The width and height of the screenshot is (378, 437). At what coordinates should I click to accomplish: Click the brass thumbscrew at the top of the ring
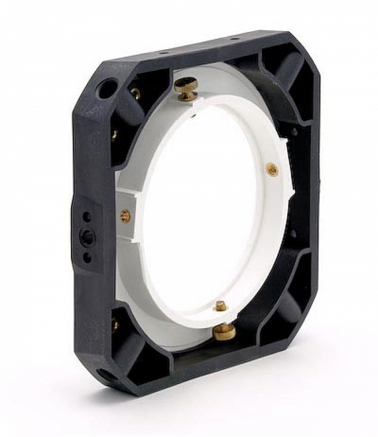point(186,87)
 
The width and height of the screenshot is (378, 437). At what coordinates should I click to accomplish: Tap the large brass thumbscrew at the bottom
point(224,330)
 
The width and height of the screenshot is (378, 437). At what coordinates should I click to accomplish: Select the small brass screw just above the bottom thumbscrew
point(220,306)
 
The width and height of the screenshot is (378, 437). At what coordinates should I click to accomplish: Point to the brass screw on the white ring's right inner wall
point(271,169)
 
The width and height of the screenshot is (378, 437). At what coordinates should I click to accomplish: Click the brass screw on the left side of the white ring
point(125,216)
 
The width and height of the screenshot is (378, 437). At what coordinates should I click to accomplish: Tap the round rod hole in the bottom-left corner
point(107,376)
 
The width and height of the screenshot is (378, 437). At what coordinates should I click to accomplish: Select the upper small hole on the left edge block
point(86,217)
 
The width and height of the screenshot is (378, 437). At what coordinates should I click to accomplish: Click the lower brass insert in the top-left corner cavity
point(115,133)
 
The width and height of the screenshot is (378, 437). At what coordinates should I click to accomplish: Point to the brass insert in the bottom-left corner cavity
point(115,326)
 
